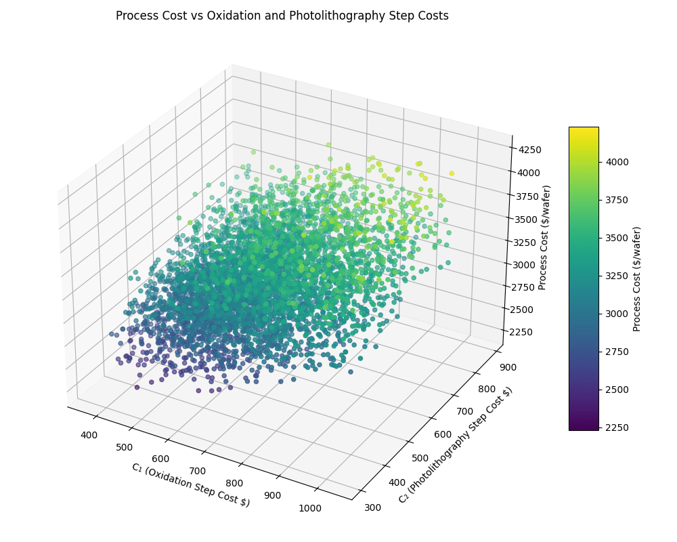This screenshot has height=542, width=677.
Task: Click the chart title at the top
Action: [282, 16]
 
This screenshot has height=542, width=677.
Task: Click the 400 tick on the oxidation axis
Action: [89, 436]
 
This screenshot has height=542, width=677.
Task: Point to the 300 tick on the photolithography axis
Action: [372, 507]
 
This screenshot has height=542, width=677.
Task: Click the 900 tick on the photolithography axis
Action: [507, 368]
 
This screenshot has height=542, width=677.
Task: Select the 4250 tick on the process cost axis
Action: [529, 150]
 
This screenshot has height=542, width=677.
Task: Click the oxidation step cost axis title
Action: [190, 484]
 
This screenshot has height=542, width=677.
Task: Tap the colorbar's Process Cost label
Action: [636, 278]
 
